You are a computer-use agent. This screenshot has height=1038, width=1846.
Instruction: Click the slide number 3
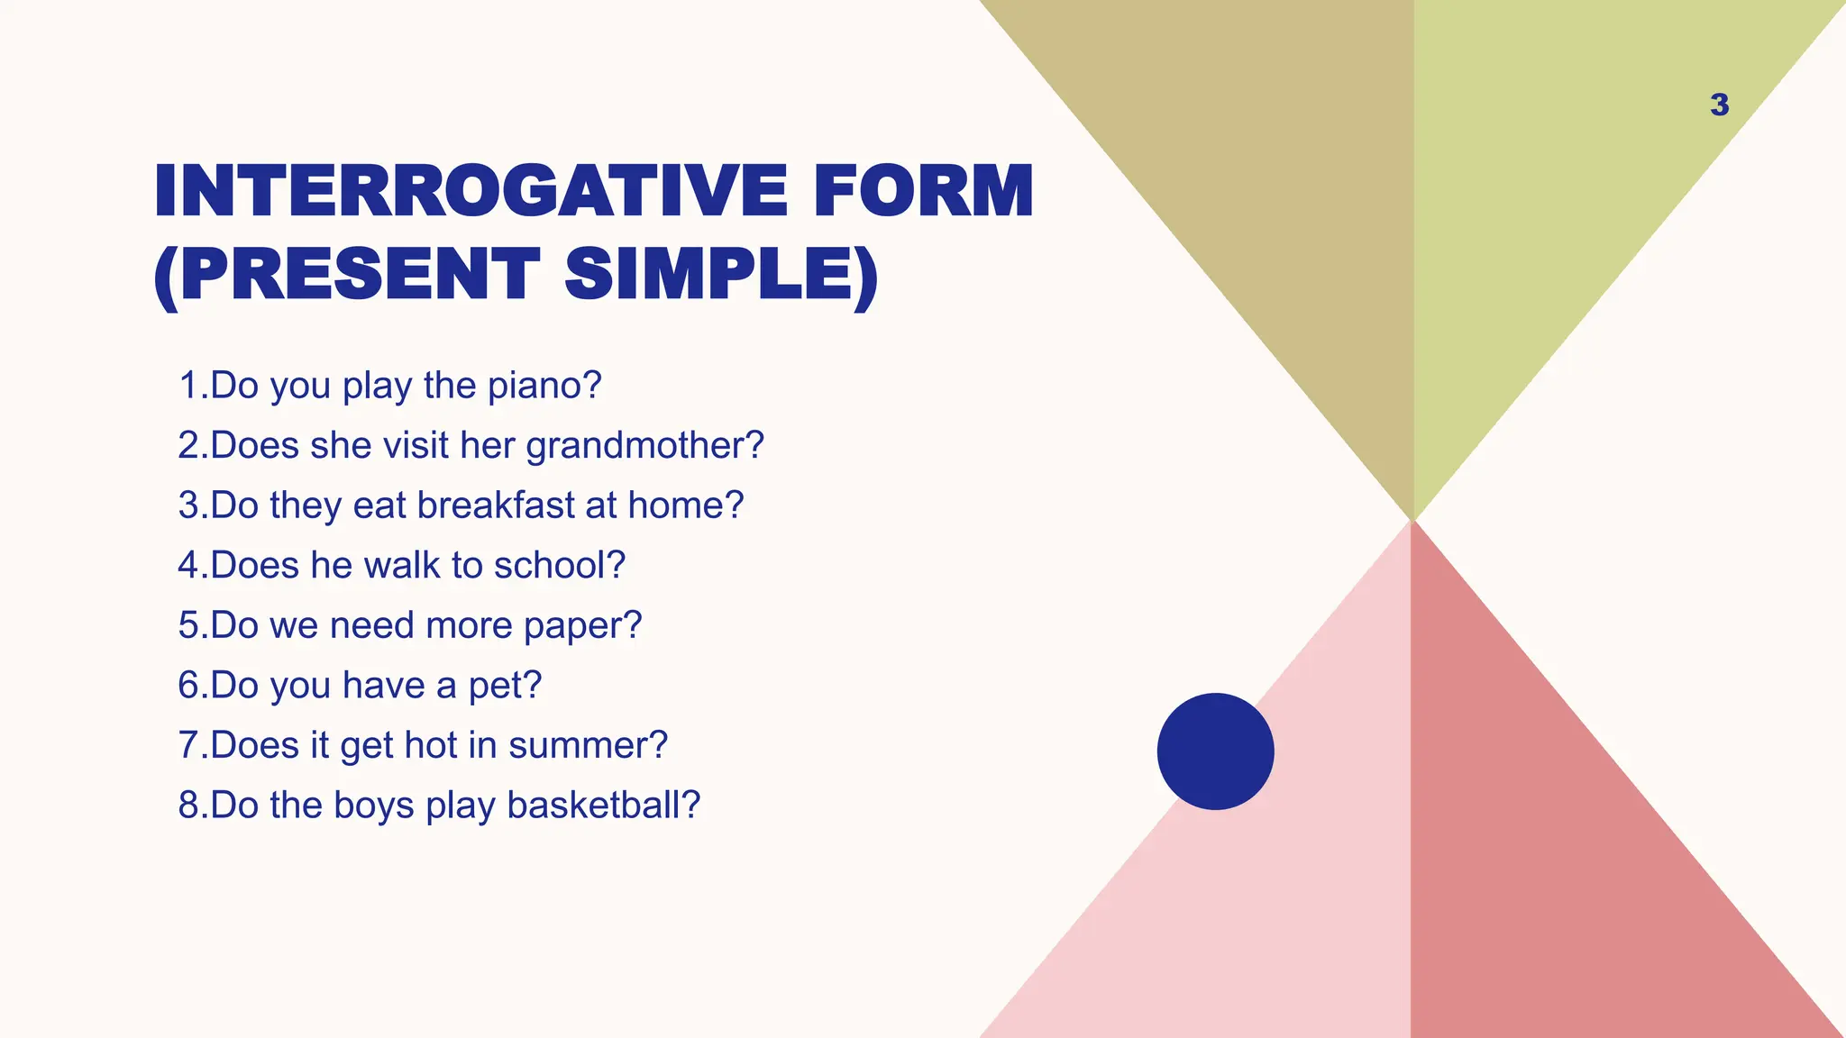1719,105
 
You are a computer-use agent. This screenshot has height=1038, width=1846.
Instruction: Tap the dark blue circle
1215,751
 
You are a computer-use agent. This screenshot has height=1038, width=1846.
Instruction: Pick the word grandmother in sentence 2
644,446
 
